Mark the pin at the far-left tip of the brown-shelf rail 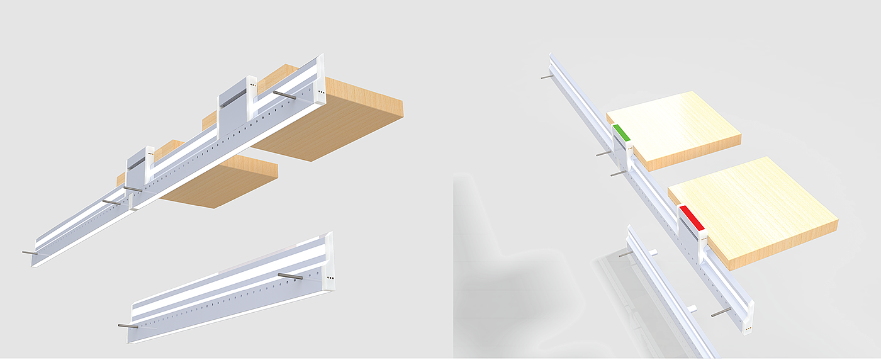point(29,252)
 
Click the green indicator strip point(622,133)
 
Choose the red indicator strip point(692,217)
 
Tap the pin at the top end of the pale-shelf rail point(546,77)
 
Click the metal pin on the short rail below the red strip point(624,254)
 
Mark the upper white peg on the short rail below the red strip point(653,252)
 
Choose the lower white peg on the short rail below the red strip point(692,308)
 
